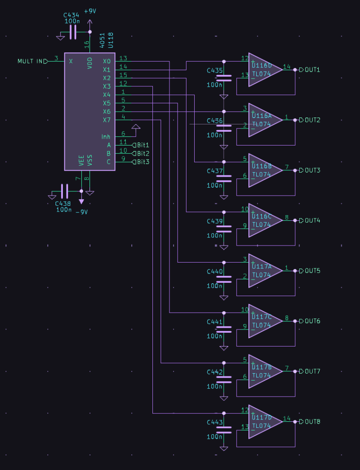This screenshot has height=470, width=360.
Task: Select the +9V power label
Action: pyautogui.click(x=90, y=11)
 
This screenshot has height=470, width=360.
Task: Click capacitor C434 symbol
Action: pyautogui.click(x=73, y=32)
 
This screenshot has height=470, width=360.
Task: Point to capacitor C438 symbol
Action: pyautogui.click(x=64, y=191)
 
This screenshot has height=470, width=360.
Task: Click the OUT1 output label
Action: pyautogui.click(x=312, y=70)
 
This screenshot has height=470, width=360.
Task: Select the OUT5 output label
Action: pyautogui.click(x=312, y=271)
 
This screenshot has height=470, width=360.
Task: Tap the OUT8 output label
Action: pyautogui.click(x=312, y=421)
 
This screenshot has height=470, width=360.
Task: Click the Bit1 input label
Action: pyautogui.click(x=142, y=145)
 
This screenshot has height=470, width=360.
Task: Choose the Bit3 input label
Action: pyautogui.click(x=142, y=162)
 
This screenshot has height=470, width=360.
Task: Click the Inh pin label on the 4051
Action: pyautogui.click(x=106, y=137)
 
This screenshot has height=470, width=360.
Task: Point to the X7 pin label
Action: pyautogui.click(x=107, y=120)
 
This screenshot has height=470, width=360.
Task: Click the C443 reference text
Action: pyautogui.click(x=214, y=422)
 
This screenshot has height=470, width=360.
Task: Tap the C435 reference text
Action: pyautogui.click(x=214, y=71)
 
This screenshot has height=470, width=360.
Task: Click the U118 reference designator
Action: pyautogui.click(x=110, y=40)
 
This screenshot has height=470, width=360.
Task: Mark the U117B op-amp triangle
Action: pyautogui.click(x=264, y=371)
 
